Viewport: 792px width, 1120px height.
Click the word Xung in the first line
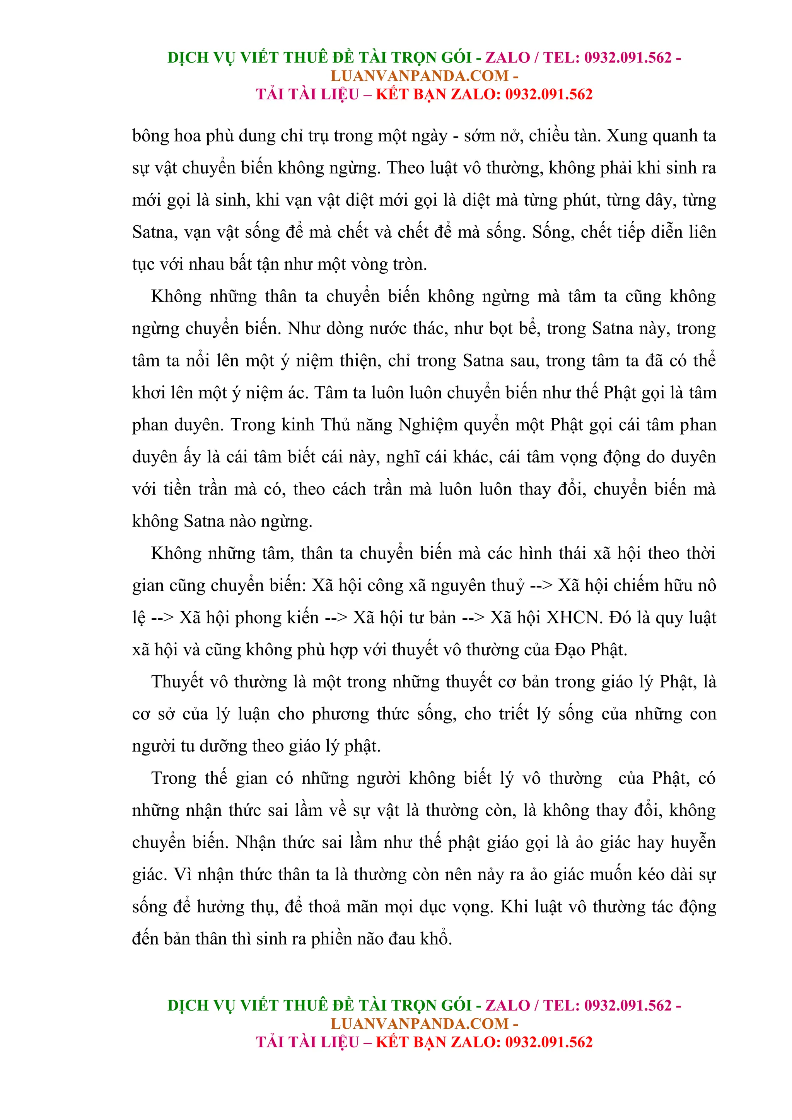pyautogui.click(x=626, y=136)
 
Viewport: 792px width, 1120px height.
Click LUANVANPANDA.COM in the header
pyautogui.click(x=420, y=76)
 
